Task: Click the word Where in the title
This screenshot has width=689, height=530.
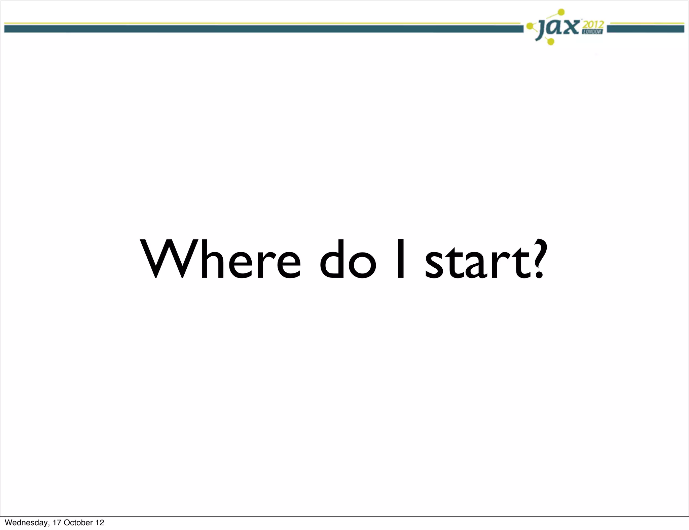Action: click(x=221, y=259)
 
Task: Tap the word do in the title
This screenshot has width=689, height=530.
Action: click(x=348, y=259)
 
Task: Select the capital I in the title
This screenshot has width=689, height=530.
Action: click(x=400, y=259)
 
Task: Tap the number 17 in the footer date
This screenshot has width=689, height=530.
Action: click(x=57, y=523)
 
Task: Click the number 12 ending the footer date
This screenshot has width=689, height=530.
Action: click(x=100, y=523)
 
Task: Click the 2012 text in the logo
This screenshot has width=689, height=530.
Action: click(x=593, y=25)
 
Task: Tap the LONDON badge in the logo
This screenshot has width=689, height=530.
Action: click(x=593, y=32)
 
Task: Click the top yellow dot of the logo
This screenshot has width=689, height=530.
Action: click(x=561, y=12)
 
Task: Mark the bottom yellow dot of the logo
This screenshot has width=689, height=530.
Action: click(x=551, y=41)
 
